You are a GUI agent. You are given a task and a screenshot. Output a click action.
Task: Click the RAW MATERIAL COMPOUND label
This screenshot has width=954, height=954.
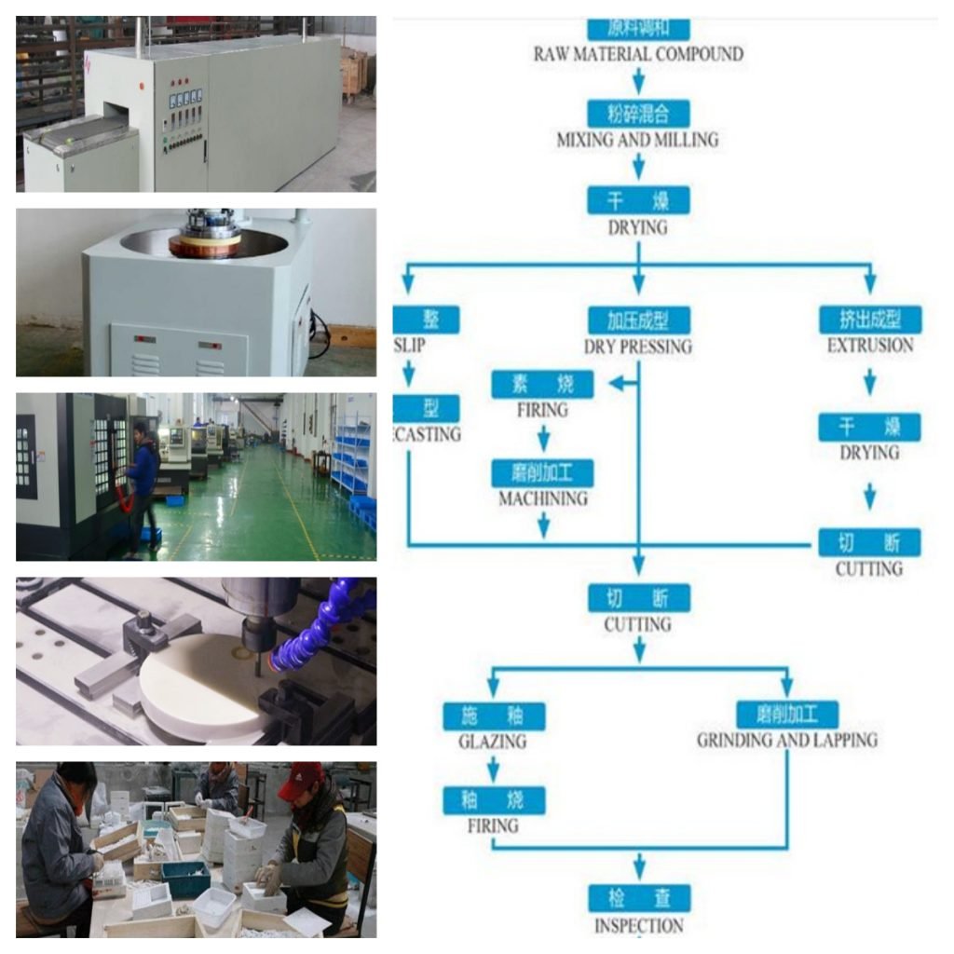tap(638, 53)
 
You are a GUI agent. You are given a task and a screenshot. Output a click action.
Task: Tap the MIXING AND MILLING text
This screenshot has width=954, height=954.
tap(638, 140)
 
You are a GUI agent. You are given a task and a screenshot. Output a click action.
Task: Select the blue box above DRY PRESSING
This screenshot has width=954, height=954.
tap(638, 320)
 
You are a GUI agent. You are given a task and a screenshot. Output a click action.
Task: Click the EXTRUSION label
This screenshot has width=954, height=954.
tap(870, 346)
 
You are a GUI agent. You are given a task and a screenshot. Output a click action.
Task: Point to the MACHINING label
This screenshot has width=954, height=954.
tap(543, 498)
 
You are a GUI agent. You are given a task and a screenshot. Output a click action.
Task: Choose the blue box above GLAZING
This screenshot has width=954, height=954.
tap(493, 715)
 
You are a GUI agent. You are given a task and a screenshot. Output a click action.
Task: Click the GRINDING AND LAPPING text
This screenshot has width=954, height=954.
tap(787, 741)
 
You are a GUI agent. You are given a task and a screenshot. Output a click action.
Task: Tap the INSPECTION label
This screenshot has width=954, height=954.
tap(638, 926)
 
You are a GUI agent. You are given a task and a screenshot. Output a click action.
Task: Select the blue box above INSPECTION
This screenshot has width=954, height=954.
tap(638, 899)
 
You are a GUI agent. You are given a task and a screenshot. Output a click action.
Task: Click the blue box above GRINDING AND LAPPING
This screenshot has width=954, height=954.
tap(787, 715)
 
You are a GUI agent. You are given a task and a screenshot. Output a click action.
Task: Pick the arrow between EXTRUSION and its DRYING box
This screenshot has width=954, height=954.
tap(870, 381)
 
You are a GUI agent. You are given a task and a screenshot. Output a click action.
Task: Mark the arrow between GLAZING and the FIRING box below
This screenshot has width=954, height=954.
tap(493, 770)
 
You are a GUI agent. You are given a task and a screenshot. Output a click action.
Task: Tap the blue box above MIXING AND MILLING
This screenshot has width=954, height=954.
tap(638, 114)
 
